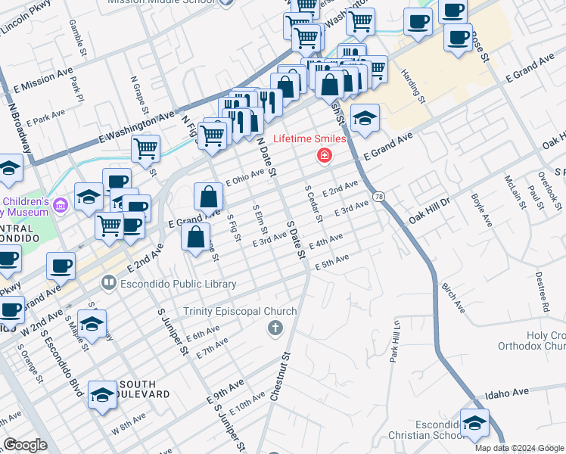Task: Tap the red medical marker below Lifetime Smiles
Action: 325,156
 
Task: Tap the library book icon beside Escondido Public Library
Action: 109,284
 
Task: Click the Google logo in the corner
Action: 25,445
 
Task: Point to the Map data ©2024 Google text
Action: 519,448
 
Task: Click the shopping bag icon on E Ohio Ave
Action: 208,197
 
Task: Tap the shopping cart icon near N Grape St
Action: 145,148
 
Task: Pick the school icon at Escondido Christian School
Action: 474,424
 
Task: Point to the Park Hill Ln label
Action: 394,341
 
